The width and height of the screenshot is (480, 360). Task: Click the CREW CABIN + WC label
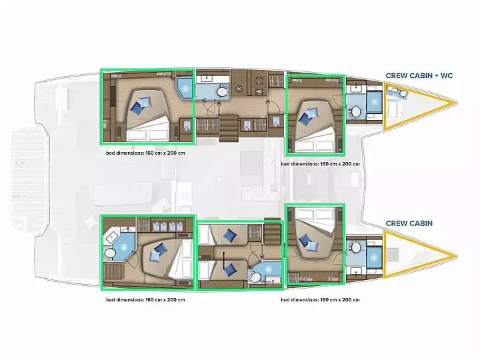coord(419,75)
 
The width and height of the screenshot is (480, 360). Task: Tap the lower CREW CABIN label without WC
coord(409,223)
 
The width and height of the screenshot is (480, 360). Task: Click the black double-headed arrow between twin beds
coord(225,260)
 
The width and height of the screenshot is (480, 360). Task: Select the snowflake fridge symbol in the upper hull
coord(239,89)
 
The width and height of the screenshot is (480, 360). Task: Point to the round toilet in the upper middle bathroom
coord(221,91)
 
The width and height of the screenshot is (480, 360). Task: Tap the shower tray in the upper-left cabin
coord(185,88)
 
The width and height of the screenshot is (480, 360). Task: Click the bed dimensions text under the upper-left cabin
coord(145,153)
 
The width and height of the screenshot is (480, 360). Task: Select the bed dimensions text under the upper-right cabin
coord(320,164)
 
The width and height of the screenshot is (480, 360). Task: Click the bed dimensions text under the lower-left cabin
coord(145,300)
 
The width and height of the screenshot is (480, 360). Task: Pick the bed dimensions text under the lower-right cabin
coord(320,300)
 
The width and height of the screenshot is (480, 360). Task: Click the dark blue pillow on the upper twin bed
coord(230,235)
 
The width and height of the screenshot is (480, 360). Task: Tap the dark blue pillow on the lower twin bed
coord(229,270)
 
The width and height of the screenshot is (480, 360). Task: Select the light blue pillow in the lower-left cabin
coord(154,256)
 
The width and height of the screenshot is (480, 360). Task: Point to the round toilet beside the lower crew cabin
coord(356,247)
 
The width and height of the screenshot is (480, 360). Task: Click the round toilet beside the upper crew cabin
coord(356,111)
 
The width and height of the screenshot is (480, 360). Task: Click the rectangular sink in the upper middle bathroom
coord(207,79)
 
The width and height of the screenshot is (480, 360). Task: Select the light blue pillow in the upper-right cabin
coord(311,113)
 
